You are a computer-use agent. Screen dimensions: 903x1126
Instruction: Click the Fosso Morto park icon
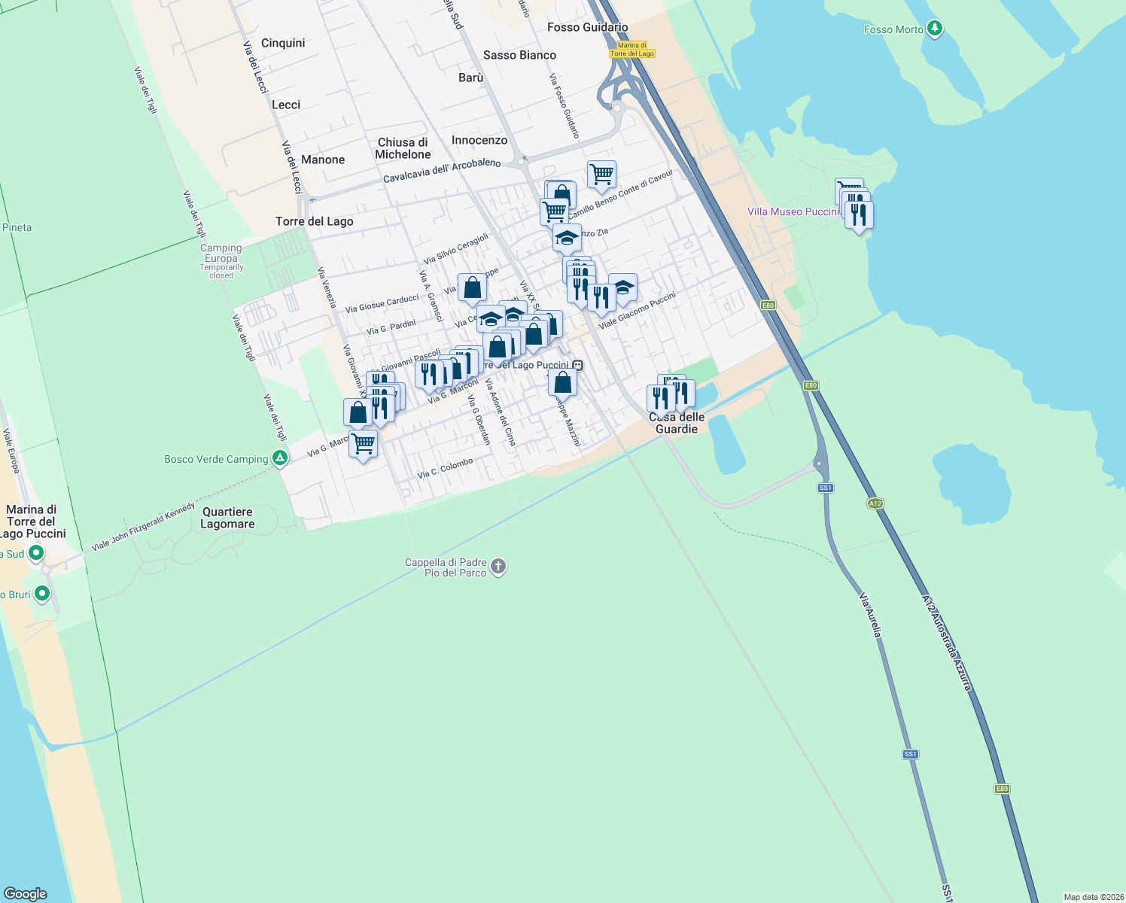[x=935, y=29]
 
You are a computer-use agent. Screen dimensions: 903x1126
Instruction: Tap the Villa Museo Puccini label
[x=793, y=211]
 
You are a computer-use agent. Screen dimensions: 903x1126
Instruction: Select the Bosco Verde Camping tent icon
[x=280, y=458]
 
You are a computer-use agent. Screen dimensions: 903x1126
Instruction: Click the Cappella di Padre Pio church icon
[x=498, y=567]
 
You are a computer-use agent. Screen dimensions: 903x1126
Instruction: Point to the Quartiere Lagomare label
[x=227, y=518]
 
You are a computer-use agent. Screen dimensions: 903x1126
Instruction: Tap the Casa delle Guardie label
[x=677, y=423]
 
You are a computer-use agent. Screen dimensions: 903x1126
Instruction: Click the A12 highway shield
[x=875, y=503]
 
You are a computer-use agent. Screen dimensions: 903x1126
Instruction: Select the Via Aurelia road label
[x=870, y=615]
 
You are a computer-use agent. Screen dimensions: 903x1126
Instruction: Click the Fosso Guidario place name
[x=587, y=27]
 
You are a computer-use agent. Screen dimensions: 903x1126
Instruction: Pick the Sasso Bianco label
[x=519, y=55]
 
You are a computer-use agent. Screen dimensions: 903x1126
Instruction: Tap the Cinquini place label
[x=283, y=43]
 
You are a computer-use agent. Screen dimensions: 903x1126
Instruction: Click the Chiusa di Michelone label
[x=403, y=148]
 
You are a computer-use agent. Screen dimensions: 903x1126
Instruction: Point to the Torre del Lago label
[x=314, y=221]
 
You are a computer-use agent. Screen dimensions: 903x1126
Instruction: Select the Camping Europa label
[x=221, y=253]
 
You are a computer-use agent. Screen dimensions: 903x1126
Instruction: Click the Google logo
[x=26, y=893]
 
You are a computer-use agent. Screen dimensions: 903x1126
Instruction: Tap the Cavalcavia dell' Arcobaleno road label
[x=442, y=170]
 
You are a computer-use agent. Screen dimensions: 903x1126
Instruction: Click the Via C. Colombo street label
[x=446, y=468]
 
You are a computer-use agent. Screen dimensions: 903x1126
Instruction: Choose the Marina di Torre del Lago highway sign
[x=631, y=50]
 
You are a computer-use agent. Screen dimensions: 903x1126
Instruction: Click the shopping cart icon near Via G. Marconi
[x=363, y=444]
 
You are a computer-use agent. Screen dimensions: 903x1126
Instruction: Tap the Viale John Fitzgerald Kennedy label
[x=143, y=526]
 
